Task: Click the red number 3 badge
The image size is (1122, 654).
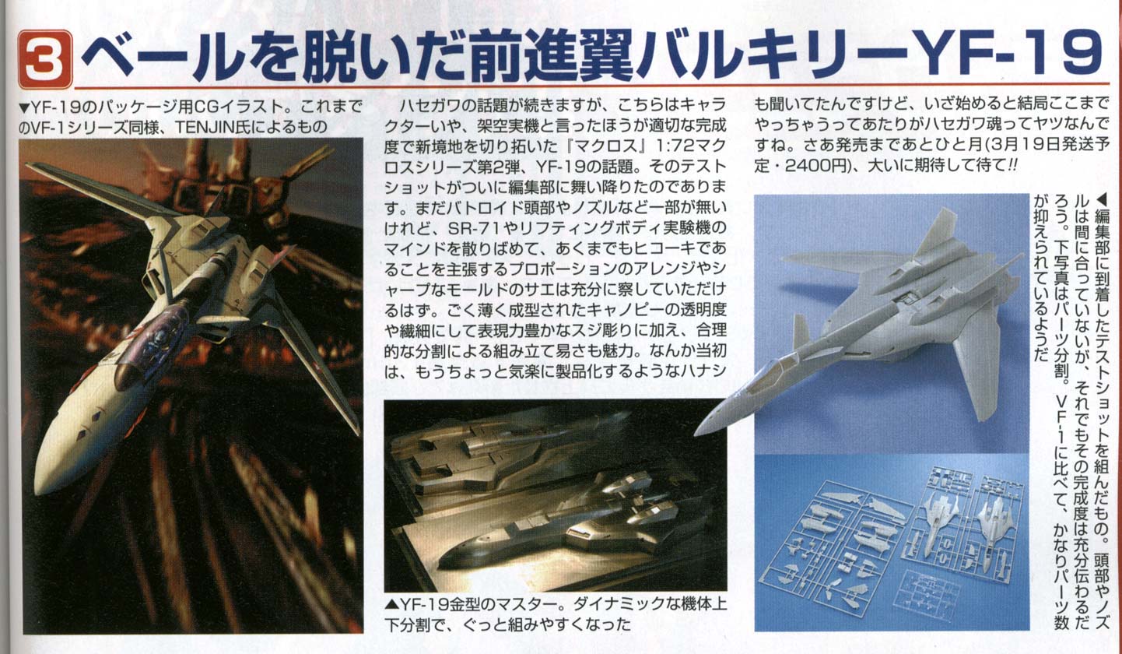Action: (45, 59)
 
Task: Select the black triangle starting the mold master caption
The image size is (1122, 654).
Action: (391, 605)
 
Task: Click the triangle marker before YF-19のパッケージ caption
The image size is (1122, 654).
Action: (24, 107)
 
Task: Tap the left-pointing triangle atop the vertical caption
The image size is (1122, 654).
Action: (1102, 199)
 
